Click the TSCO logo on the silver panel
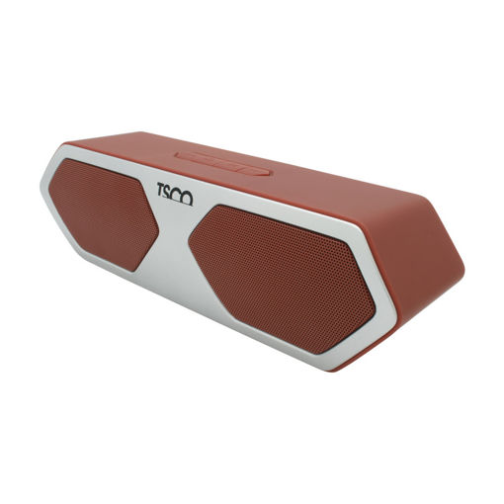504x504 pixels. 175,194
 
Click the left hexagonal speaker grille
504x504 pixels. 103,214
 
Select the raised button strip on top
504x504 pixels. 223,164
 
